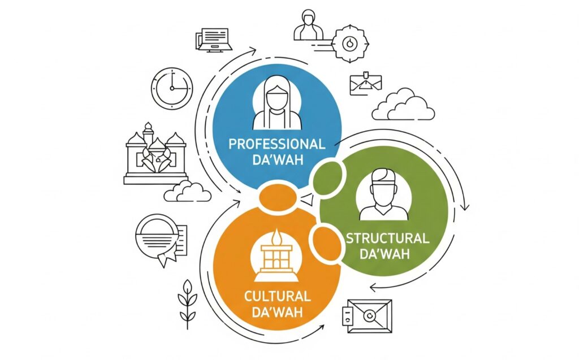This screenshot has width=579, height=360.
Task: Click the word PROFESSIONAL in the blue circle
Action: pos(277,144)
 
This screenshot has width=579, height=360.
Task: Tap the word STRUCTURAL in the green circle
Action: pos(388,238)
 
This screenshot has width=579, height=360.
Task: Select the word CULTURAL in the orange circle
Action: pos(277,296)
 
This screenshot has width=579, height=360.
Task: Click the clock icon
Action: pos(172,88)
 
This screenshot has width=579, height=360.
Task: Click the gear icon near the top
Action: pos(349,44)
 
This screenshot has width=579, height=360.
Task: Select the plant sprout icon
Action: pos(188,304)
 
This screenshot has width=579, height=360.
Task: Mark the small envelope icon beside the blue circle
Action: pos(365,84)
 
